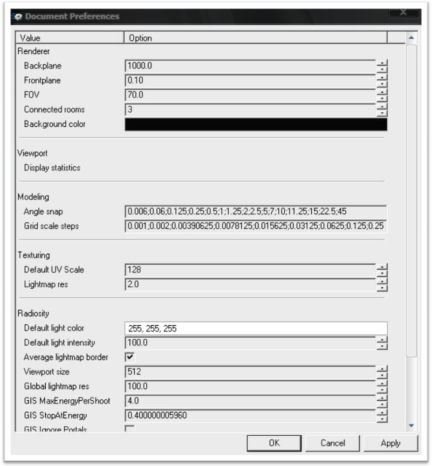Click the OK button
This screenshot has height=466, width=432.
pos(274,443)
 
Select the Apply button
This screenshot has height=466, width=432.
pos(391,443)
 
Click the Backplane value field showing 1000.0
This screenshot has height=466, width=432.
pos(250,66)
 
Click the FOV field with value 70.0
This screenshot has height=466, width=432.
pos(250,95)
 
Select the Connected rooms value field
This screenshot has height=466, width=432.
pos(250,110)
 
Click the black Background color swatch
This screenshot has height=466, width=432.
pos(256,124)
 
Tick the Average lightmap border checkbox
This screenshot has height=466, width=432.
pos(130,357)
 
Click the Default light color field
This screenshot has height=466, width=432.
pos(256,329)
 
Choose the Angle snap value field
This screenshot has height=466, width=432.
pos(256,212)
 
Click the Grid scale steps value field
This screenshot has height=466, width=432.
pos(256,226)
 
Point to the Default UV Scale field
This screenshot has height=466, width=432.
pos(250,270)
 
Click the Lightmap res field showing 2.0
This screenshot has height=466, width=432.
pos(250,284)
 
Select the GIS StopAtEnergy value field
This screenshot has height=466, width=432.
pos(250,415)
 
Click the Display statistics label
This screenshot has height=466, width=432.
pos(52,168)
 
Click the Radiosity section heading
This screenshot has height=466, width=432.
pos(33,313)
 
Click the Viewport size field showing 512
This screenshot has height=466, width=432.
pos(250,372)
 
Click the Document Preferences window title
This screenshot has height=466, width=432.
pos(72,16)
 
